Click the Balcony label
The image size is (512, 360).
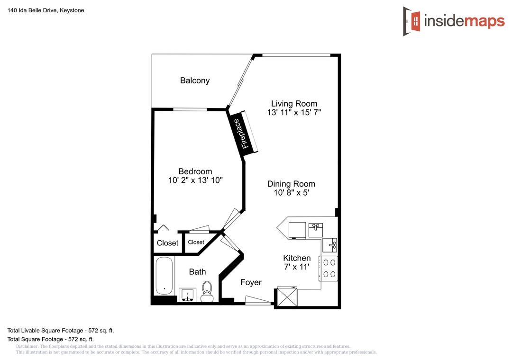pos(195,81)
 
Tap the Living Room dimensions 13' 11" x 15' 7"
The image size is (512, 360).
pos(294,113)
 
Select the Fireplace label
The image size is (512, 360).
pos(241,134)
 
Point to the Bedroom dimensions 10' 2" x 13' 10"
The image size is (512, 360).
pos(195,180)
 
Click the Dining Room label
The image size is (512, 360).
pos(291,184)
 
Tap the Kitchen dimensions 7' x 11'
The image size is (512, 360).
pos(296,267)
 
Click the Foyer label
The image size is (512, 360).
pos(251,282)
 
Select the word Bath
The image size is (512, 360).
pos(197,272)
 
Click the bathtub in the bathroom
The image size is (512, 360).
pos(164,276)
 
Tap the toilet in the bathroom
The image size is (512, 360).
pos(207,291)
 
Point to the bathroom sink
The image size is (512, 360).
pos(187,295)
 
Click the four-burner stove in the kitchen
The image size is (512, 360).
pos(329,269)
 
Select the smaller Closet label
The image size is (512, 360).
pos(196,242)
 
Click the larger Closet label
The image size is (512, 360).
pos(167,243)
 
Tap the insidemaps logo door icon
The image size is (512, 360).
pos(412,21)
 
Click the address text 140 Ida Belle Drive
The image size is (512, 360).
pos(33,10)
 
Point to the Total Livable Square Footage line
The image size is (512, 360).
pos(61,331)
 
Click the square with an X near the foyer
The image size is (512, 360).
pos(287,297)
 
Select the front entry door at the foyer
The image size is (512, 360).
pos(258,301)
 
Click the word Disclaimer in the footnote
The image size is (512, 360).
pos(27,346)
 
